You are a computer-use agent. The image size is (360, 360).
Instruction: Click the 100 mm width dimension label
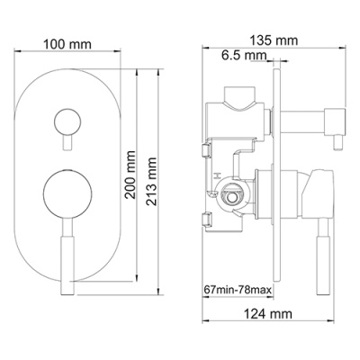point(68,41)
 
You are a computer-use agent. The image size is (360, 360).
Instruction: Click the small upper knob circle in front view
point(67,120)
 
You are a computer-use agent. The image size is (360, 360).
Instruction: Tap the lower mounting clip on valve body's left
point(207,215)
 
